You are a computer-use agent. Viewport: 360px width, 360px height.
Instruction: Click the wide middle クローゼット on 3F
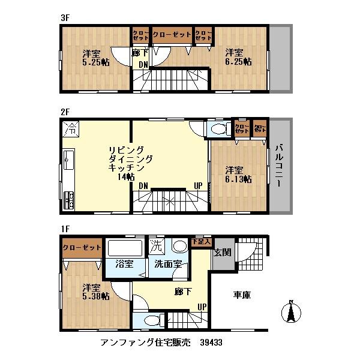point(172,35)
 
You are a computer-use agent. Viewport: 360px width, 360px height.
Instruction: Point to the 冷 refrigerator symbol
point(71,128)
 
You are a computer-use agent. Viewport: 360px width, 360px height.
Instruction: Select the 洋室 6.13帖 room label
point(238,174)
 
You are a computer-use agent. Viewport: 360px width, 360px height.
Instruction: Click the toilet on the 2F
point(218,129)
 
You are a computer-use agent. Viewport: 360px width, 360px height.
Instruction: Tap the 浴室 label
point(124,264)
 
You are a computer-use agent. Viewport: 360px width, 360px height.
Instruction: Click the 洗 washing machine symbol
point(156,245)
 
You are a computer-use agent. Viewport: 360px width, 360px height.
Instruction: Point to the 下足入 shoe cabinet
point(201,241)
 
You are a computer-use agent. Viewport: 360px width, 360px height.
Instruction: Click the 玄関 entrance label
point(222,253)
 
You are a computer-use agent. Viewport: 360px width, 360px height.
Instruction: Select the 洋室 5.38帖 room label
point(95,291)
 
